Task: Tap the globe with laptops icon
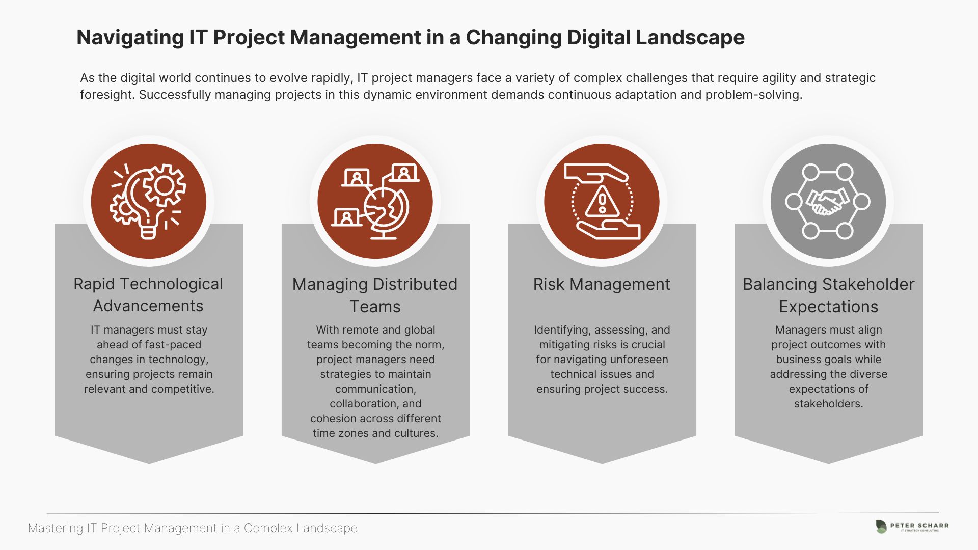tap(375, 201)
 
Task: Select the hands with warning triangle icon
tap(602, 201)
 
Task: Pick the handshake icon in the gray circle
tap(828, 201)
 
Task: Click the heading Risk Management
tap(602, 284)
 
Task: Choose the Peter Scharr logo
tap(912, 527)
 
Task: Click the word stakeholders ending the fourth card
tap(828, 404)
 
